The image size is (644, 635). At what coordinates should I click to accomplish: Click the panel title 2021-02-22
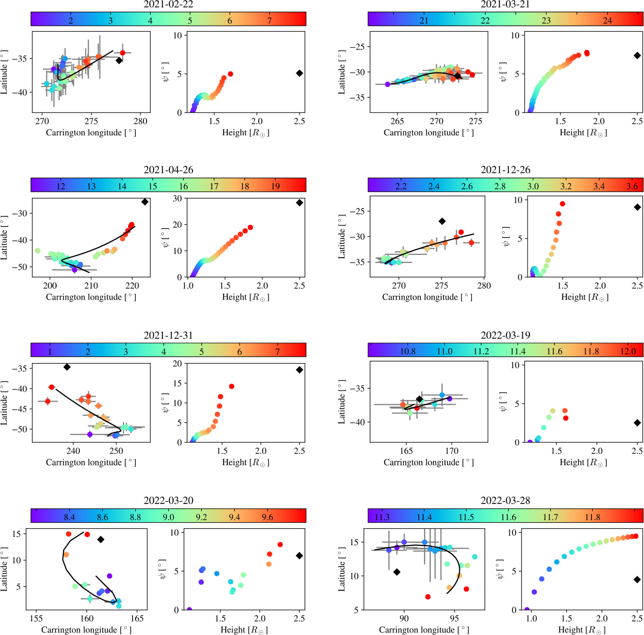[168, 4]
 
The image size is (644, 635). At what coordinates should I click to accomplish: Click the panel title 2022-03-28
[505, 500]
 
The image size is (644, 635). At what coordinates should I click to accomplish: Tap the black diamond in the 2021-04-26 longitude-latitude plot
[145, 202]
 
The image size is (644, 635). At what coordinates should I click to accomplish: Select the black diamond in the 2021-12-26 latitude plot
[442, 221]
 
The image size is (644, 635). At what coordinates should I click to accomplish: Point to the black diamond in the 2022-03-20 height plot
[299, 555]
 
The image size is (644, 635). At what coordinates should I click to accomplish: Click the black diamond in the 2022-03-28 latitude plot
[397, 572]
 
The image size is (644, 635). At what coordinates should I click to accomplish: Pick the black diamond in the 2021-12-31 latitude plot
[67, 367]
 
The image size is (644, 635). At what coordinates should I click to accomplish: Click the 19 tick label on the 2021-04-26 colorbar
[275, 186]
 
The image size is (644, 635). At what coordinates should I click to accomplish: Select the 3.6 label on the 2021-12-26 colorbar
[632, 186]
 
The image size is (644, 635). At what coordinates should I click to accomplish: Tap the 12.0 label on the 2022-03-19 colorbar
[628, 351]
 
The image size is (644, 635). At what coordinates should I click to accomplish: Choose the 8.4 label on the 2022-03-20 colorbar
[69, 517]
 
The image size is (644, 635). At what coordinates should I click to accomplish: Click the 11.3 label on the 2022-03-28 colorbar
[382, 517]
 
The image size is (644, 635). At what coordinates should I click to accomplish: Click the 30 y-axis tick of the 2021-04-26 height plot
[178, 199]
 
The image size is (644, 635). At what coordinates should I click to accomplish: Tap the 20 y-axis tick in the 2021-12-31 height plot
[178, 364]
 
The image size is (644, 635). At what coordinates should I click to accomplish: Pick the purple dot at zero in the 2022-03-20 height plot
[189, 610]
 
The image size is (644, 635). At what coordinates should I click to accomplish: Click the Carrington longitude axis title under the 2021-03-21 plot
[428, 133]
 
